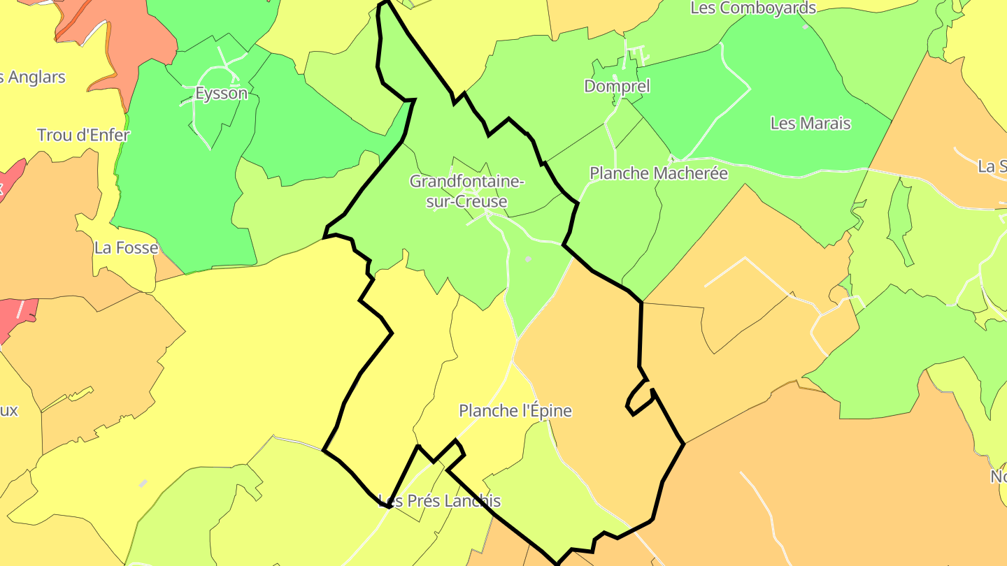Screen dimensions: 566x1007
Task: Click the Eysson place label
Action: (x=222, y=94)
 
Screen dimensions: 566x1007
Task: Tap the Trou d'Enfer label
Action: (x=83, y=135)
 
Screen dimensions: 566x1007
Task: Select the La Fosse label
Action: (x=127, y=247)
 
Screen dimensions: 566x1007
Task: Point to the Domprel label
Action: (x=617, y=86)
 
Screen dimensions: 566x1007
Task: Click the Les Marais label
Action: (x=810, y=124)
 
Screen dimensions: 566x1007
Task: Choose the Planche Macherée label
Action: (x=659, y=173)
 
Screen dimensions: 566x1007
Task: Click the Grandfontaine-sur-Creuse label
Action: (x=466, y=191)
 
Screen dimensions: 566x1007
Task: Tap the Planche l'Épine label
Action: (x=515, y=411)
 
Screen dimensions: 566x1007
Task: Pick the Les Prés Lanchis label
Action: (x=440, y=501)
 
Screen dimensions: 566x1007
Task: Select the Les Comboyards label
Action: (x=753, y=8)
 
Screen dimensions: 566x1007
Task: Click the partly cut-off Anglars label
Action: (x=34, y=77)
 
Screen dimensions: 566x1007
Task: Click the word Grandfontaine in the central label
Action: (x=466, y=182)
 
